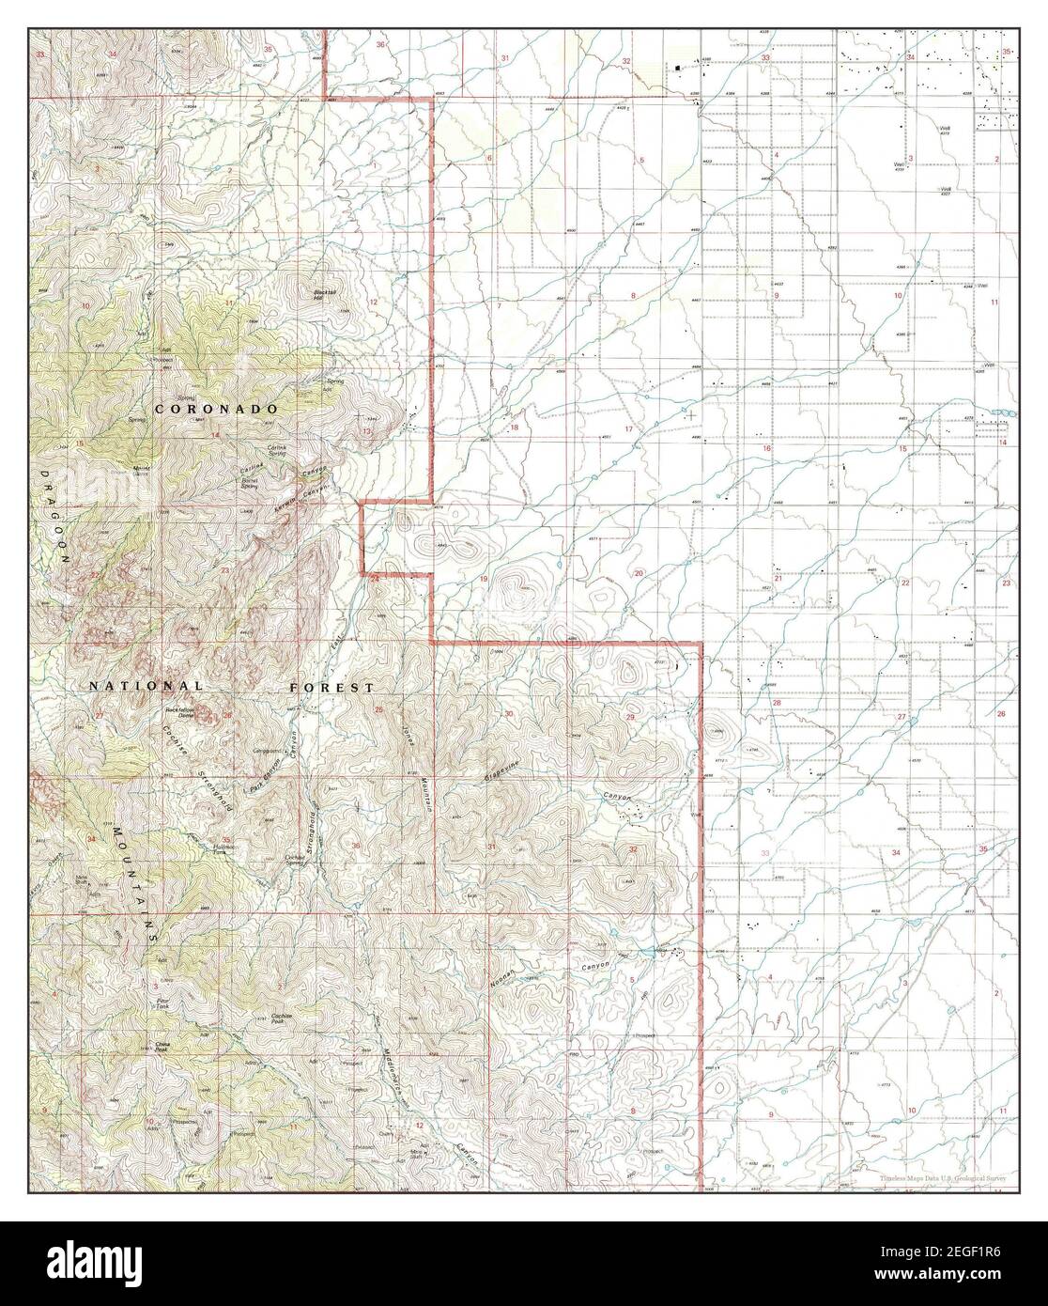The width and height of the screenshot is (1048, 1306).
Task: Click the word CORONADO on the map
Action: tap(216, 410)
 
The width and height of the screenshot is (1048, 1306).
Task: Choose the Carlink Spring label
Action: tap(276, 450)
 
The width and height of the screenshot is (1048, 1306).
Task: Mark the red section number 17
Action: tap(628, 429)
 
